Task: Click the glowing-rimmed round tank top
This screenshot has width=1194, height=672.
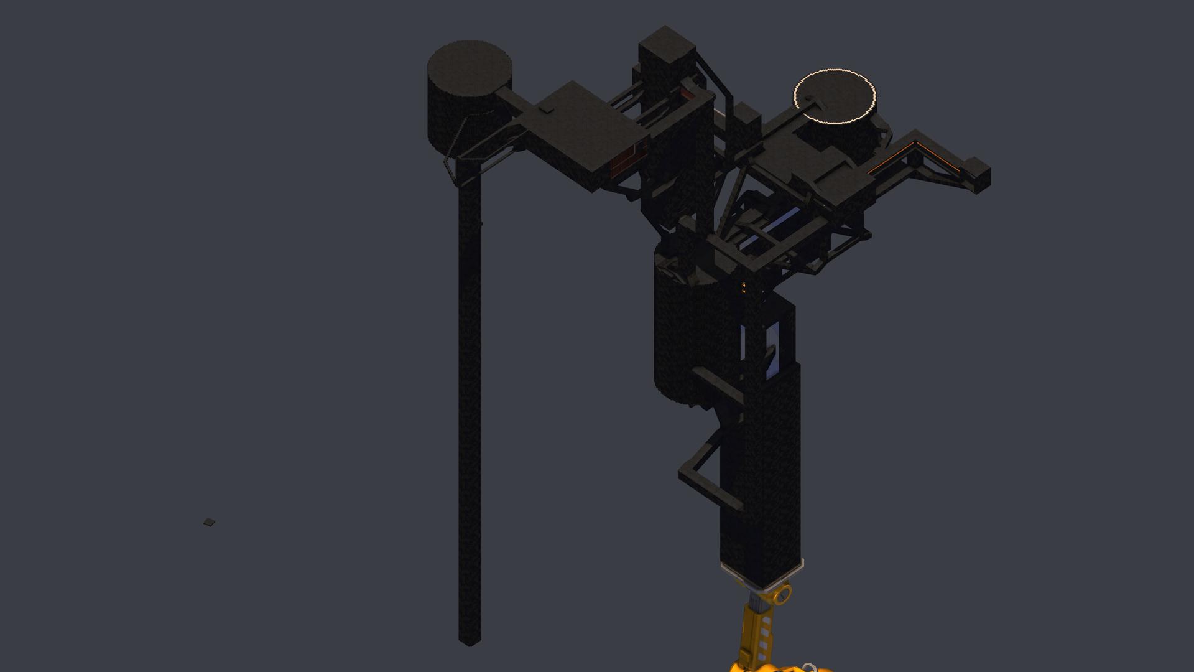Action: click(835, 96)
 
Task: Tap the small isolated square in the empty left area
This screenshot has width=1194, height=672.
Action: click(209, 522)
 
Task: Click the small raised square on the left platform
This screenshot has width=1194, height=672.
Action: click(546, 110)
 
